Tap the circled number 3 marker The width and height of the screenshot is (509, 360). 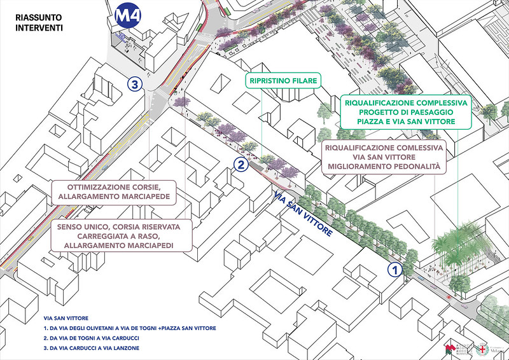134,83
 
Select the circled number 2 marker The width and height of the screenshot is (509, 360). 241,165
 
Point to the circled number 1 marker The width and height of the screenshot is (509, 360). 394,269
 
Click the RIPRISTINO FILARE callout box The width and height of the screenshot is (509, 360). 283,81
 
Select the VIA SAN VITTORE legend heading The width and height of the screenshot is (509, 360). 66,317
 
